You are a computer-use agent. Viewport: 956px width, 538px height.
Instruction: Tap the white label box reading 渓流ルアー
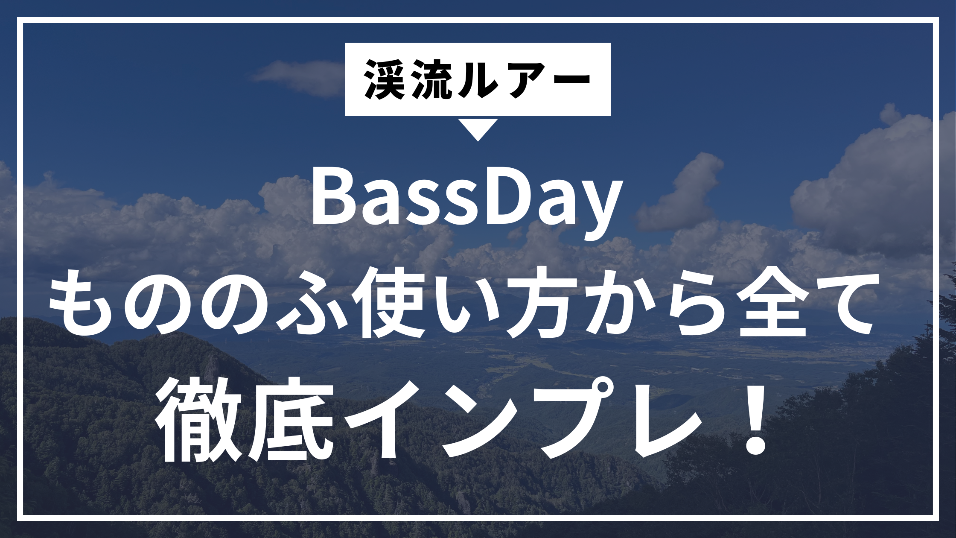(x=478, y=79)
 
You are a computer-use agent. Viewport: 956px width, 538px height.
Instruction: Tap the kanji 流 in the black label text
(x=433, y=79)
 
